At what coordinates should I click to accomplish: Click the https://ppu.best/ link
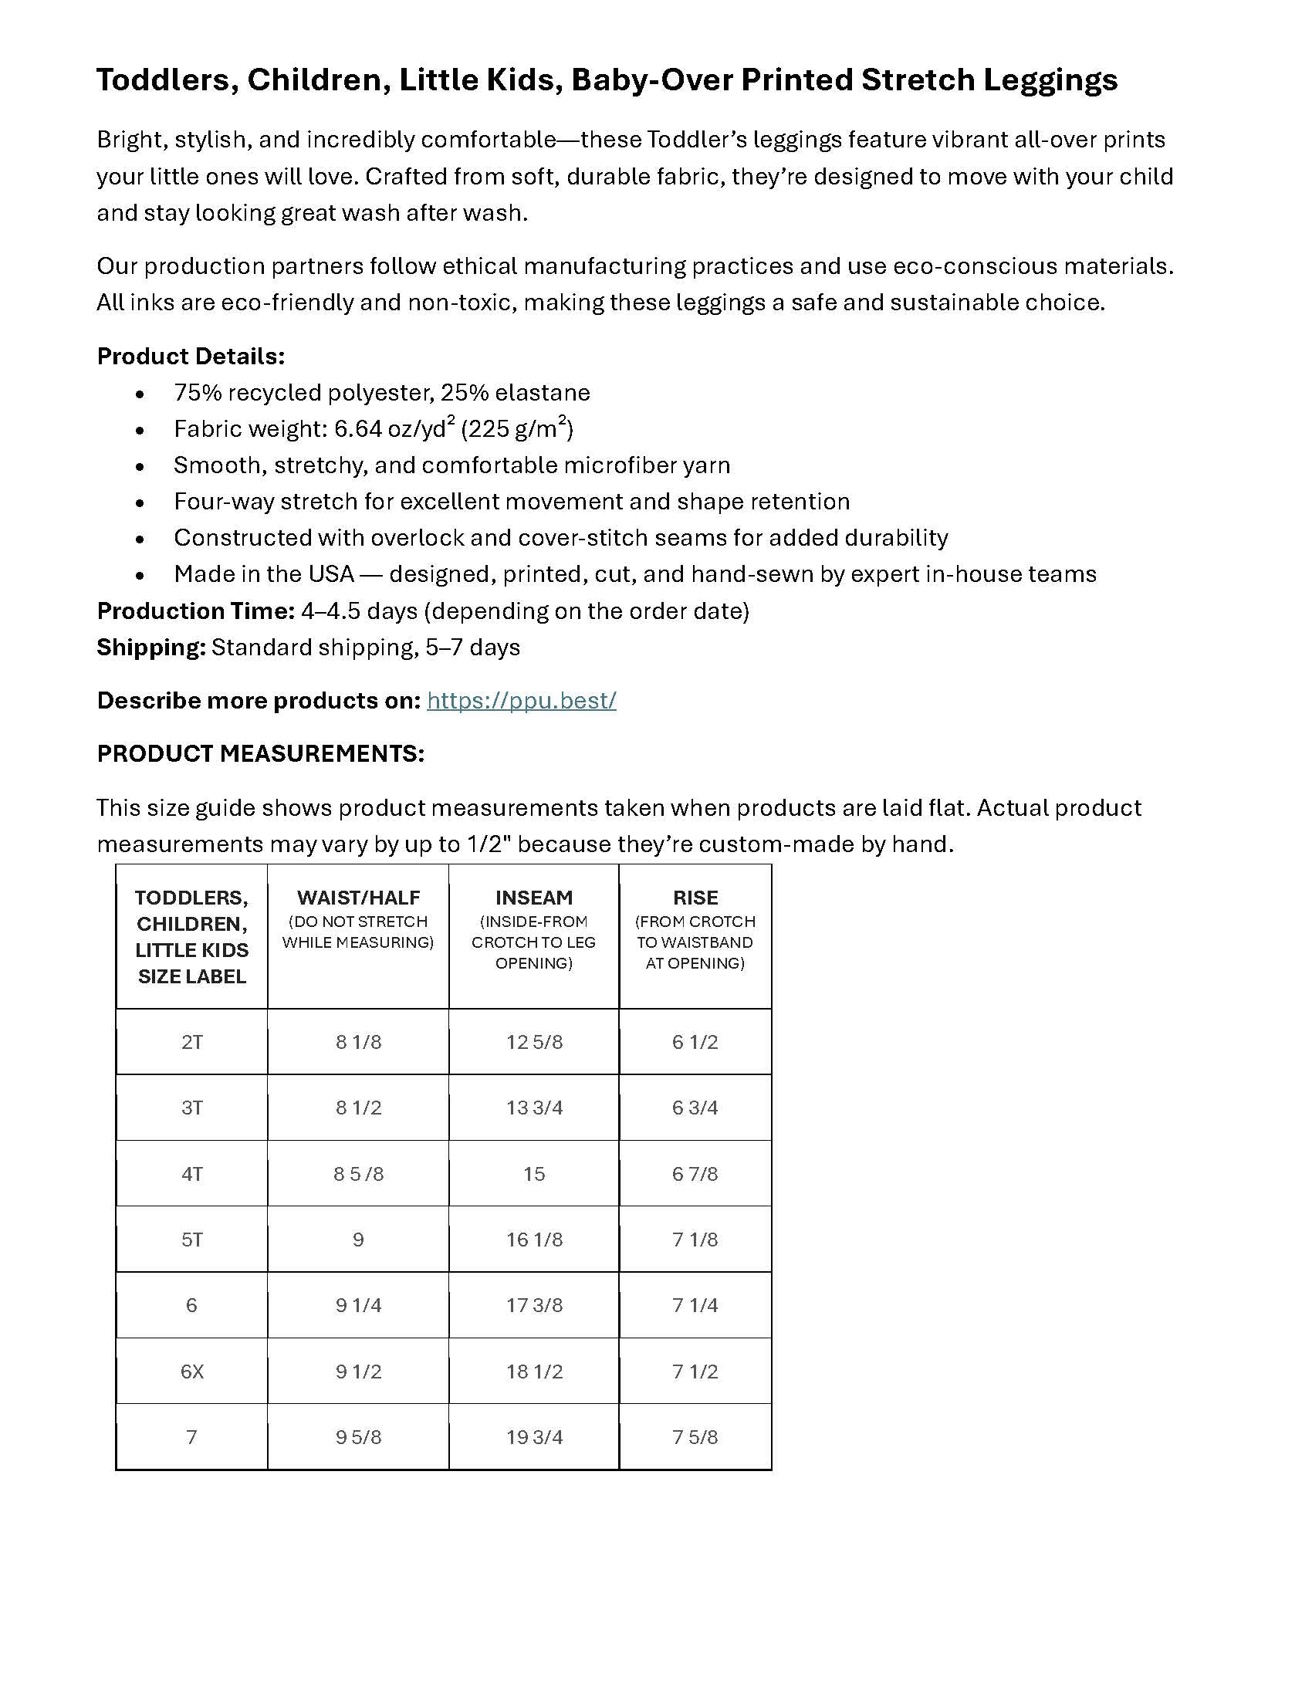[521, 701]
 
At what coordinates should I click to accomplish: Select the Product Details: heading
[191, 356]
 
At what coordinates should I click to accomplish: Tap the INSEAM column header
[534, 898]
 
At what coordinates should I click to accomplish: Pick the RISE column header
[695, 898]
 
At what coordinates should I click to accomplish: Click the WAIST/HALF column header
[358, 898]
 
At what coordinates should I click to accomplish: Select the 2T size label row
[192, 1042]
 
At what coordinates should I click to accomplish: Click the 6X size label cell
[192, 1372]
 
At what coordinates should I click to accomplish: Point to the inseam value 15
[534, 1174]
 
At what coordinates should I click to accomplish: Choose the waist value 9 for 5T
[358, 1240]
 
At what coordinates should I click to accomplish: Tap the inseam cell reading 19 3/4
[534, 1437]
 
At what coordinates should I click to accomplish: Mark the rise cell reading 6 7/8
[695, 1174]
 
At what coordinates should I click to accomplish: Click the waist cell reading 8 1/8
[358, 1042]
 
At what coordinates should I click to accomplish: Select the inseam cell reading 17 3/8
[534, 1305]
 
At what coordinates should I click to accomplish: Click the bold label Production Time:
[195, 611]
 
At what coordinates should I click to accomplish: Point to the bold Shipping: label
[150, 648]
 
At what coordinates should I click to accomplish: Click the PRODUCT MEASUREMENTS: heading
[260, 753]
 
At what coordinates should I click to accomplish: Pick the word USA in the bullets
[331, 574]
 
